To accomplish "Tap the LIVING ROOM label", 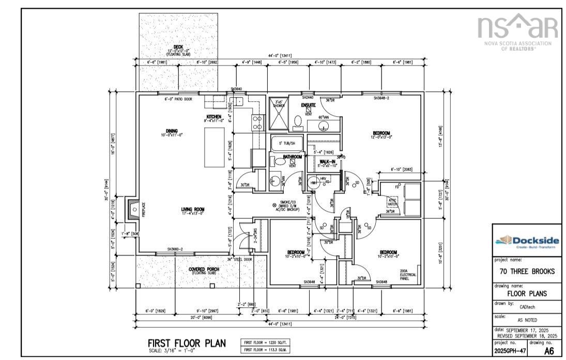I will coord(192,210).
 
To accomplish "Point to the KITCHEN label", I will coord(214,118).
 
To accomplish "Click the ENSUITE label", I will coord(309,105).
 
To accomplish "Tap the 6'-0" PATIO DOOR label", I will coord(178,99).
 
